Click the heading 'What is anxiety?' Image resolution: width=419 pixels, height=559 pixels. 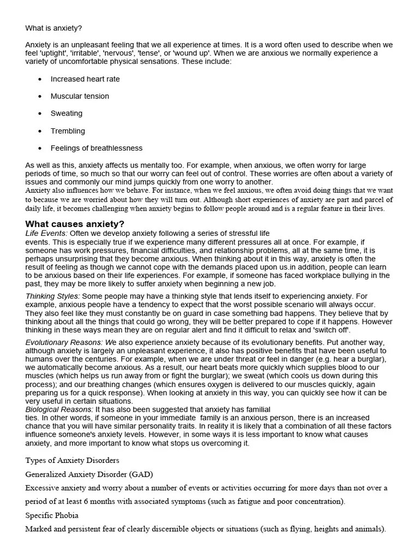pos(53,28)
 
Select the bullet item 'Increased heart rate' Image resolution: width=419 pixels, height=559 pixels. pos(85,79)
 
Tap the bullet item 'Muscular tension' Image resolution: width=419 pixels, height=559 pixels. pos(80,96)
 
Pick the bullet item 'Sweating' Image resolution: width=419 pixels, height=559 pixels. pos(67,114)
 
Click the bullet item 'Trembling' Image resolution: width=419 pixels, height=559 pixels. pos(68,131)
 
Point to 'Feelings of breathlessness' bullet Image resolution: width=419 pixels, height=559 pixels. pos(97,148)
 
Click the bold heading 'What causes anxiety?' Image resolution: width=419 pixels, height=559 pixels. pos(75,224)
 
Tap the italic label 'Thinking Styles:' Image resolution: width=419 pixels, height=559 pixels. pos(53,296)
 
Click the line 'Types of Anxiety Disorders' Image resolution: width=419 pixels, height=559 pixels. pos(72,460)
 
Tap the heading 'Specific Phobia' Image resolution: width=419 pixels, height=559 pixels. pos(52,515)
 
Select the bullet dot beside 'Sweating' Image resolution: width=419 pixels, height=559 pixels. pos(40,114)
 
